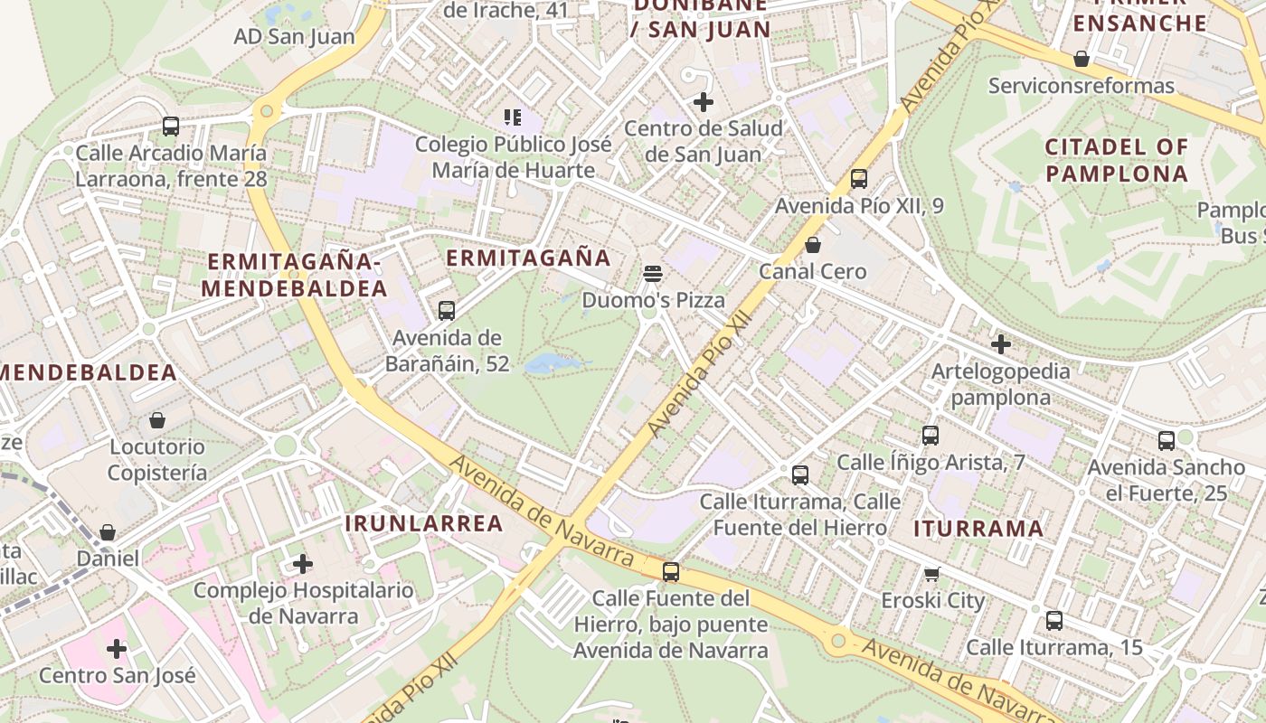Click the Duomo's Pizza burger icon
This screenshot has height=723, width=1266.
click(x=653, y=273)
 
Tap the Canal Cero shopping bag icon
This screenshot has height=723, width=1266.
click(x=812, y=245)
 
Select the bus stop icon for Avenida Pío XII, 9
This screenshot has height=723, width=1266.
click(x=858, y=179)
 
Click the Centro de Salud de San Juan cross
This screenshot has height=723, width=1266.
click(x=703, y=102)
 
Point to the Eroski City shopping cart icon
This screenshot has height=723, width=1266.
click(x=931, y=574)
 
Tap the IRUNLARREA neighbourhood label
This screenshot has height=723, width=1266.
click(x=424, y=523)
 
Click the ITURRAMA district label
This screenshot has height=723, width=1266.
click(x=978, y=529)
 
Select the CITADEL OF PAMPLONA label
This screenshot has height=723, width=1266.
click(x=1116, y=160)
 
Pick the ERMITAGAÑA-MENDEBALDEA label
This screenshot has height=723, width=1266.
click(x=294, y=275)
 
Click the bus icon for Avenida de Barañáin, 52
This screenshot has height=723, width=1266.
click(x=446, y=311)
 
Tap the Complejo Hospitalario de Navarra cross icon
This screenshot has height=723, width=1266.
click(x=303, y=565)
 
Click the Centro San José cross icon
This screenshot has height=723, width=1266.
click(x=117, y=649)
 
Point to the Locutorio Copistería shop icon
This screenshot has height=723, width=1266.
click(x=157, y=420)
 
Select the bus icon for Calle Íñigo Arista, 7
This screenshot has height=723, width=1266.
click(x=930, y=436)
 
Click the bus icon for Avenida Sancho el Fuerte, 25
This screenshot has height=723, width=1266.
click(x=1166, y=441)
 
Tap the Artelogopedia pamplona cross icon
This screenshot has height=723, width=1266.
click(x=1000, y=344)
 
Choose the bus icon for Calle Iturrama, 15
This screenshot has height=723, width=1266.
click(x=1053, y=621)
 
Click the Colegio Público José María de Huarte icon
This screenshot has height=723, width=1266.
click(x=513, y=117)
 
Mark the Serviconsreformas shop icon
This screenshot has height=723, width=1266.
click(x=1081, y=60)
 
